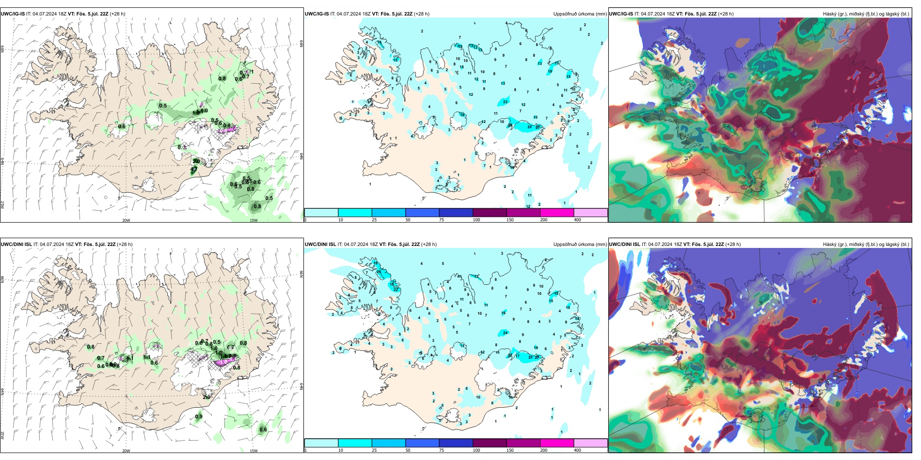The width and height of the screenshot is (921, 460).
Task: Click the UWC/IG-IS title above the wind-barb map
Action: [13, 14]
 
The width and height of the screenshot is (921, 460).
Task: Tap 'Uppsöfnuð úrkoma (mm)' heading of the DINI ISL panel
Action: [580, 245]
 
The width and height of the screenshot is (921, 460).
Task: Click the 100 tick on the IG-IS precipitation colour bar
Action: [476, 220]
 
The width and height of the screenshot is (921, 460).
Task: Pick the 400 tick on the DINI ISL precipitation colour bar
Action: [577, 450]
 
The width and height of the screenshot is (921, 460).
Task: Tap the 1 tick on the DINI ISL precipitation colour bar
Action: [306, 450]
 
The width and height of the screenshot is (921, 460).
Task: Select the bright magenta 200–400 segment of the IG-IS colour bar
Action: [556, 213]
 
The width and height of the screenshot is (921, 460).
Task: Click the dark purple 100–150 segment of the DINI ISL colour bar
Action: [489, 443]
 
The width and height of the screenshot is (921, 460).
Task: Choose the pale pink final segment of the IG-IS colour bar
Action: [590, 213]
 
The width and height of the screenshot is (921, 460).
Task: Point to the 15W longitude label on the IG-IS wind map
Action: [254, 220]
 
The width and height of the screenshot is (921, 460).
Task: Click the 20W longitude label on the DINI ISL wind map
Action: [126, 451]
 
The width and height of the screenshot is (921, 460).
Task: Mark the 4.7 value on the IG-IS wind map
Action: [194, 170]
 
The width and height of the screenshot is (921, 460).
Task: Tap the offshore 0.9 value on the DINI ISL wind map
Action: [199, 416]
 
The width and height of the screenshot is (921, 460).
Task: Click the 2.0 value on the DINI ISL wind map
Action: [206, 398]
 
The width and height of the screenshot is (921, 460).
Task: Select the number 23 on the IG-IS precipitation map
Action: [506, 102]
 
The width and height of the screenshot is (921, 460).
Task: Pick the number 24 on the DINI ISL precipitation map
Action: [506, 333]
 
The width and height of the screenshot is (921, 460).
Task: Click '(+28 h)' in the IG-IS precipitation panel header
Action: [422, 14]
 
